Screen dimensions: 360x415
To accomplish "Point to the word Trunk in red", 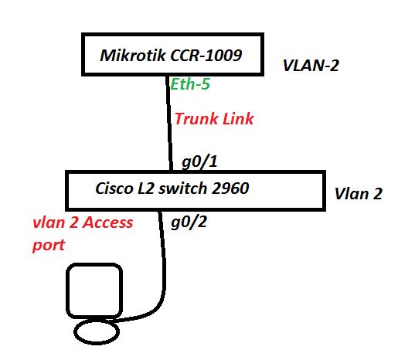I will point(194,119).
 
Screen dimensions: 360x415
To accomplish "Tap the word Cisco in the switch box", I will point(114,188).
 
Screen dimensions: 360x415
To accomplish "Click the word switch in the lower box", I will point(184,188).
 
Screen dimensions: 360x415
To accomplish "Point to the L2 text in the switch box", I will point(148,188).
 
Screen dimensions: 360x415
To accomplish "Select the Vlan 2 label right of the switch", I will point(358,195).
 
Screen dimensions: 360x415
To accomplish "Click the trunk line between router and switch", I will point(169,124).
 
